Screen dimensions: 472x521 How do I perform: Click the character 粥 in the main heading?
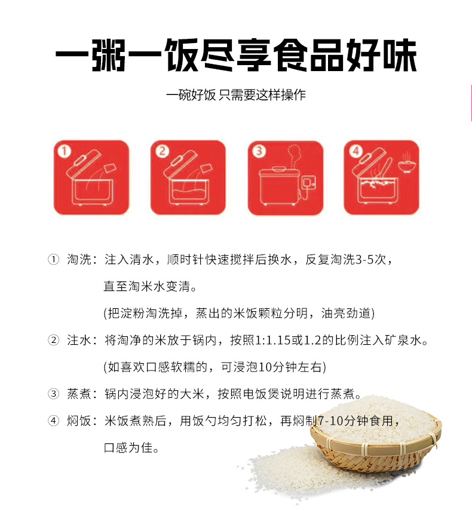click(x=109, y=55)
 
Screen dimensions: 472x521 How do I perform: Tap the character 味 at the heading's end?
click(x=399, y=55)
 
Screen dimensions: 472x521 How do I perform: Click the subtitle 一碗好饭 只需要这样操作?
click(x=236, y=95)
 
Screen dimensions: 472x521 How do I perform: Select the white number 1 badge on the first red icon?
click(x=64, y=151)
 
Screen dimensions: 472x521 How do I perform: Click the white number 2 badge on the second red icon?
click(x=162, y=151)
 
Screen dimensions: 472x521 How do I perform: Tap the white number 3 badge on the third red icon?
click(x=259, y=151)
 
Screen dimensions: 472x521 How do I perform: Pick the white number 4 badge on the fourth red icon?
click(x=355, y=151)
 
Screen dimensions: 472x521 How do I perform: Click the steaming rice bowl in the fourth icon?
click(x=406, y=163)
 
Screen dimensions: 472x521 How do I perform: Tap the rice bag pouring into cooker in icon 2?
click(x=206, y=169)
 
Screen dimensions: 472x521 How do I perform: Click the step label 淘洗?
click(x=79, y=259)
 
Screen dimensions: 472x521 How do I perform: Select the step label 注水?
click(x=79, y=340)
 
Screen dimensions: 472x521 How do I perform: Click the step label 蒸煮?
click(x=79, y=394)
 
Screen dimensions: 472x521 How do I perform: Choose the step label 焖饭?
click(x=79, y=421)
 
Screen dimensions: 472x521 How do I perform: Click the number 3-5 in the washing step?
click(x=364, y=260)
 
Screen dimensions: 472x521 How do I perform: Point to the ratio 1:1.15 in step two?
click(x=272, y=341)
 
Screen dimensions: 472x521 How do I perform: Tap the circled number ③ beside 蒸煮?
click(x=54, y=394)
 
